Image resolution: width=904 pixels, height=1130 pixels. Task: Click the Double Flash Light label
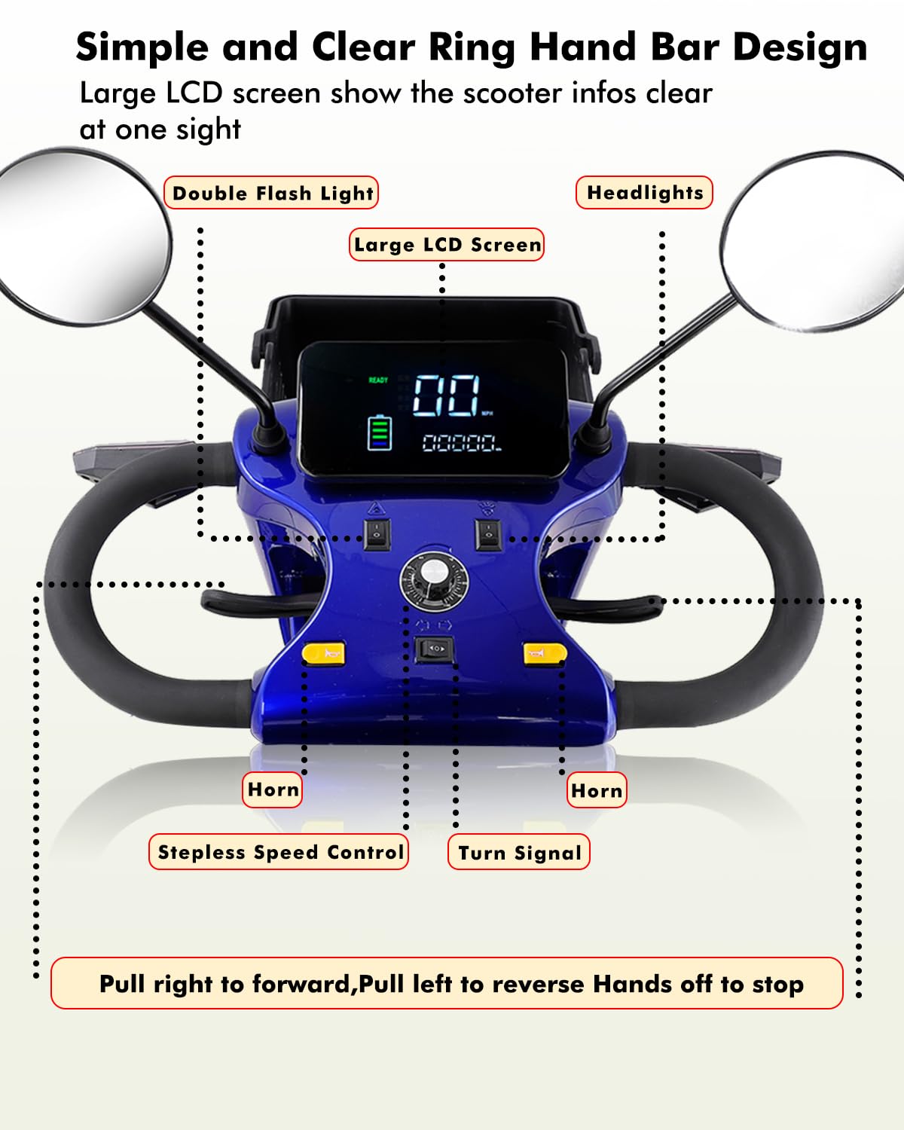point(271,193)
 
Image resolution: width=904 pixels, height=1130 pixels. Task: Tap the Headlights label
point(644,193)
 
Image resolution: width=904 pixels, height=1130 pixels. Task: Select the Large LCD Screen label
point(447,245)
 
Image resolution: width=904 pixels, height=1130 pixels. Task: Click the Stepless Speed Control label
point(279,852)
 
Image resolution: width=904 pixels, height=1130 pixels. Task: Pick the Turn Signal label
point(519,853)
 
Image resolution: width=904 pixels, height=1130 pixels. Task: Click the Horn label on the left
point(273,789)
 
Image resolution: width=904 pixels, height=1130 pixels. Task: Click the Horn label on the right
point(597,790)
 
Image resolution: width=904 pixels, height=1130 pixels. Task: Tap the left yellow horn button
point(324,652)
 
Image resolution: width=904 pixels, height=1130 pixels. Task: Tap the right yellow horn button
point(544,653)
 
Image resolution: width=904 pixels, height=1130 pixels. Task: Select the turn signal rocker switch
point(435,649)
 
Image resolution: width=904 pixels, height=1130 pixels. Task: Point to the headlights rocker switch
point(488,534)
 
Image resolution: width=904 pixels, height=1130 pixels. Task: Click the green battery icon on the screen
point(380,433)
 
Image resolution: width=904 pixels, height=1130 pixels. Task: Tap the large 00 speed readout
point(447,395)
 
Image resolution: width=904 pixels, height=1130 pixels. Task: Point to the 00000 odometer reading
point(460,443)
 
